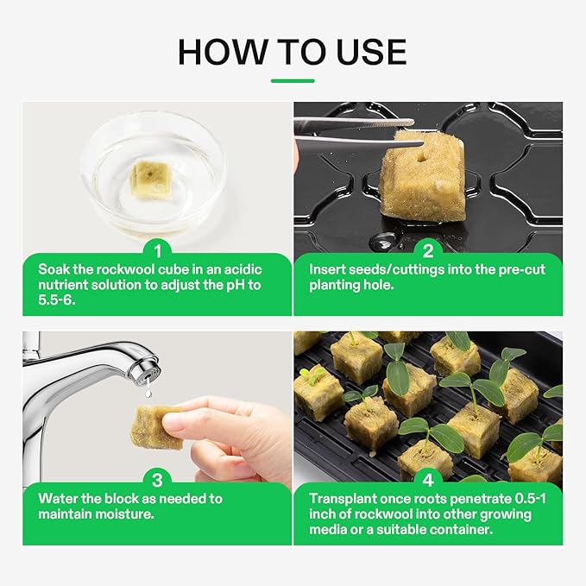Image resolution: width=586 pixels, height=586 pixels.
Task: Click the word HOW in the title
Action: coord(224,52)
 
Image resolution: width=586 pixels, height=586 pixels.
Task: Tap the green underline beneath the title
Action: coord(293,81)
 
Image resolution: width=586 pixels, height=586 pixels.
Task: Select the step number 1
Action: coord(158,251)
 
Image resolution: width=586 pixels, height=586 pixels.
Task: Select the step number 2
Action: coord(428,251)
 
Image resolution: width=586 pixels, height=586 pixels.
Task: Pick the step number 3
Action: coord(158,480)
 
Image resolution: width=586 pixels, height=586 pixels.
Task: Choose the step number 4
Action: coord(428,480)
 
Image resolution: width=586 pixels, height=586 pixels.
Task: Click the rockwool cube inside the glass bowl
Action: coord(152,180)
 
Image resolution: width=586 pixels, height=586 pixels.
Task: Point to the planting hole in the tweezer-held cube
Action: coord(421,159)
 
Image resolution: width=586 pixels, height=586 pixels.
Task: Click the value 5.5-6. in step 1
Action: coord(57,299)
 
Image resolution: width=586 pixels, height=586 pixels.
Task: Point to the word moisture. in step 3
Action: coord(124,514)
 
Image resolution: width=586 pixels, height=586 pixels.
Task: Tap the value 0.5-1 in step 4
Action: coord(530,499)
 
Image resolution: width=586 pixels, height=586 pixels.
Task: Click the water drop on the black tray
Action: coord(381,243)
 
